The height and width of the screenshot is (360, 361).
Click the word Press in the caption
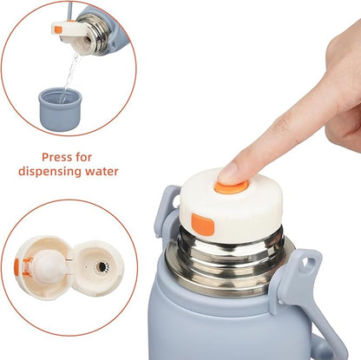pyautogui.click(x=56, y=157)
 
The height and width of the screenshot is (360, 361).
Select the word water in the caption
pyautogui.click(x=102, y=171)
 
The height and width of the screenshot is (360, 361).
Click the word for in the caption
pyautogui.click(x=83, y=157)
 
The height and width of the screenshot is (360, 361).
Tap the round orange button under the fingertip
pyautogui.click(x=232, y=187)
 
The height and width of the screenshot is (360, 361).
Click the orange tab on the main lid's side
pyautogui.click(x=202, y=225)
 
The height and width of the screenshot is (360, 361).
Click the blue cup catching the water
pyautogui.click(x=60, y=109)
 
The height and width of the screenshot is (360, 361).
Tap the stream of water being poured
pyautogui.click(x=69, y=75)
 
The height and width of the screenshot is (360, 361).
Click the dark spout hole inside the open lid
pyautogui.click(x=102, y=266)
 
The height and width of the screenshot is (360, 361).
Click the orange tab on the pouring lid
pyautogui.click(x=58, y=29)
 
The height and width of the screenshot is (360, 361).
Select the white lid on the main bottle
pyautogui.click(x=232, y=206)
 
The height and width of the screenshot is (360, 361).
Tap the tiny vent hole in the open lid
pyautogui.click(x=87, y=266)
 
